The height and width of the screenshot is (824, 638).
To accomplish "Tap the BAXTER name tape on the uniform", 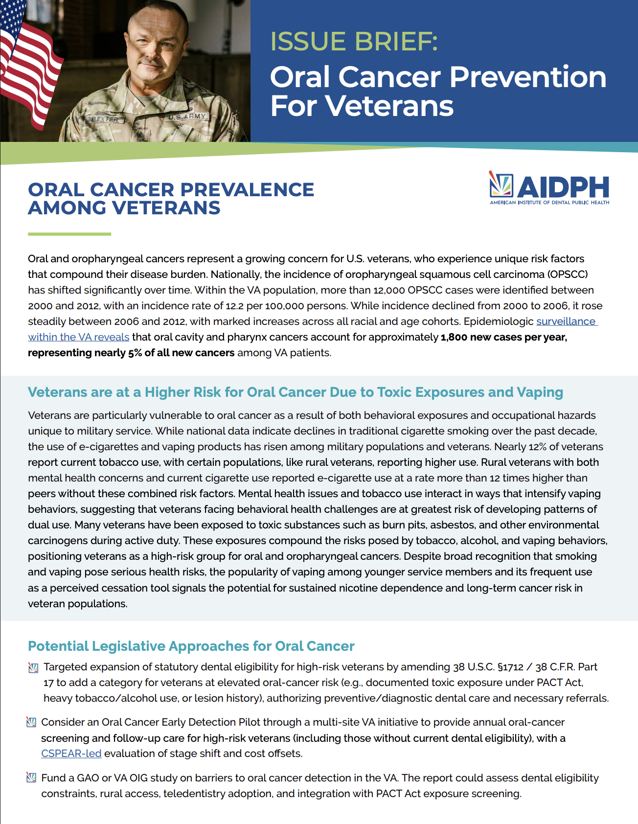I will (x=106, y=119).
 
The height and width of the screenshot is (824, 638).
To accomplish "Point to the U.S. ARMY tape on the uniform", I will (x=188, y=117).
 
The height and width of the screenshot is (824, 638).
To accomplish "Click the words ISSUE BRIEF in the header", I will (x=354, y=42).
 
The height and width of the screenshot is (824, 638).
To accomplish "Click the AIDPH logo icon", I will (x=501, y=185).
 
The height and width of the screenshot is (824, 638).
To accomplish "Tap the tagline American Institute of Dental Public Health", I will (x=549, y=203).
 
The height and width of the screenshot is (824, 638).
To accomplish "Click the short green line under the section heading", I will (x=69, y=234).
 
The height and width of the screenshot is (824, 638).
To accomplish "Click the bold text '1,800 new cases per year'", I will (x=503, y=337).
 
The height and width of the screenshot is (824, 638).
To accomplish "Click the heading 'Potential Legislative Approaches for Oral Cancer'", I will (x=191, y=646).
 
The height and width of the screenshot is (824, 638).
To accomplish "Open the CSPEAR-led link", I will (x=71, y=754).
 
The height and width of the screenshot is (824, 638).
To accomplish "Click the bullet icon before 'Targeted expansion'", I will (x=33, y=667).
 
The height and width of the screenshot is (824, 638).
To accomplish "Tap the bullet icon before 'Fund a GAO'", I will (x=31, y=778).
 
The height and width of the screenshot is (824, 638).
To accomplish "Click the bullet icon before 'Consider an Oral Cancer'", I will (x=31, y=722).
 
